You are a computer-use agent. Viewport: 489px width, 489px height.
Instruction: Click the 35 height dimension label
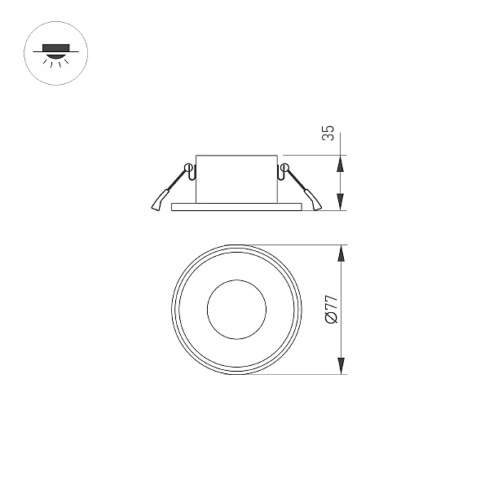(x=328, y=133)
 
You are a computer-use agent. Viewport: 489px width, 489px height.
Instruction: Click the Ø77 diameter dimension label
(x=331, y=309)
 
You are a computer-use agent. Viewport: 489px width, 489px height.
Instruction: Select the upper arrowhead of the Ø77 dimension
(x=341, y=253)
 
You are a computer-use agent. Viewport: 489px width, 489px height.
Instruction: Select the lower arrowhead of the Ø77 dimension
(x=341, y=366)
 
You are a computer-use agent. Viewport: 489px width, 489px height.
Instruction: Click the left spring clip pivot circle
(x=189, y=167)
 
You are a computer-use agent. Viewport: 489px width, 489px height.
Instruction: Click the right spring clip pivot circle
(x=284, y=167)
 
